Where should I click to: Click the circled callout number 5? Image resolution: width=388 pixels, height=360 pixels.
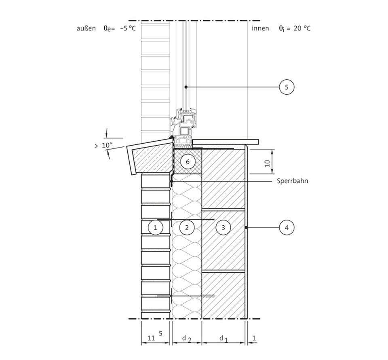[x=287, y=87]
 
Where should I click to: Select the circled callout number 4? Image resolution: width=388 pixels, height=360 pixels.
[x=287, y=228]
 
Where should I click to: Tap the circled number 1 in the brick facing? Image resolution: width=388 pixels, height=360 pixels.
[x=155, y=228]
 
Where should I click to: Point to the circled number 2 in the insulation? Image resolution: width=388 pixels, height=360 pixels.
[x=187, y=228]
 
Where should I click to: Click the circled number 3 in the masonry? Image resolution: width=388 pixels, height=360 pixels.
[x=223, y=228]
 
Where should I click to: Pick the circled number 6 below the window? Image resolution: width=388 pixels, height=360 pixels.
[x=187, y=162]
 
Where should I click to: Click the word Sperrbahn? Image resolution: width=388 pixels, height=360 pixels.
[x=292, y=181]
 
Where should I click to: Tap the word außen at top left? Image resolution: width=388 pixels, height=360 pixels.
[x=86, y=28]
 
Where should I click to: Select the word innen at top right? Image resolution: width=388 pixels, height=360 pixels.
[x=260, y=28]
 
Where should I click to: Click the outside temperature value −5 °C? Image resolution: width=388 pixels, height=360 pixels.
[x=127, y=28]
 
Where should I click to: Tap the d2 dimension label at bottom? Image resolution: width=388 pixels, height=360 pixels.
[x=186, y=338]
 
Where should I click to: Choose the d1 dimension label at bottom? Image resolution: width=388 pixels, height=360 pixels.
[x=223, y=338]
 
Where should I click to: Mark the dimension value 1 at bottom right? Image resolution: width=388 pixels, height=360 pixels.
[x=253, y=337]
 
